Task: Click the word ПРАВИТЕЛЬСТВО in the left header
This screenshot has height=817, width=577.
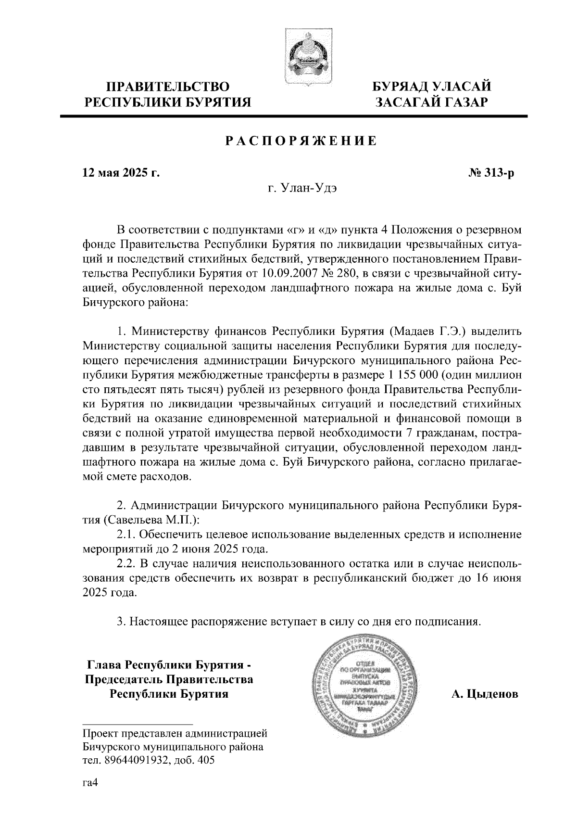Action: tap(167, 87)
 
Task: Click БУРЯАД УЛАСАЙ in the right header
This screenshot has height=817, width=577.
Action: tap(432, 87)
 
